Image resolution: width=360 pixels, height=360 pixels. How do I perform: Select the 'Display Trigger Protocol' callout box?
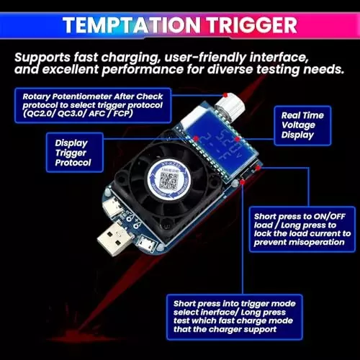(x=75, y=153)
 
